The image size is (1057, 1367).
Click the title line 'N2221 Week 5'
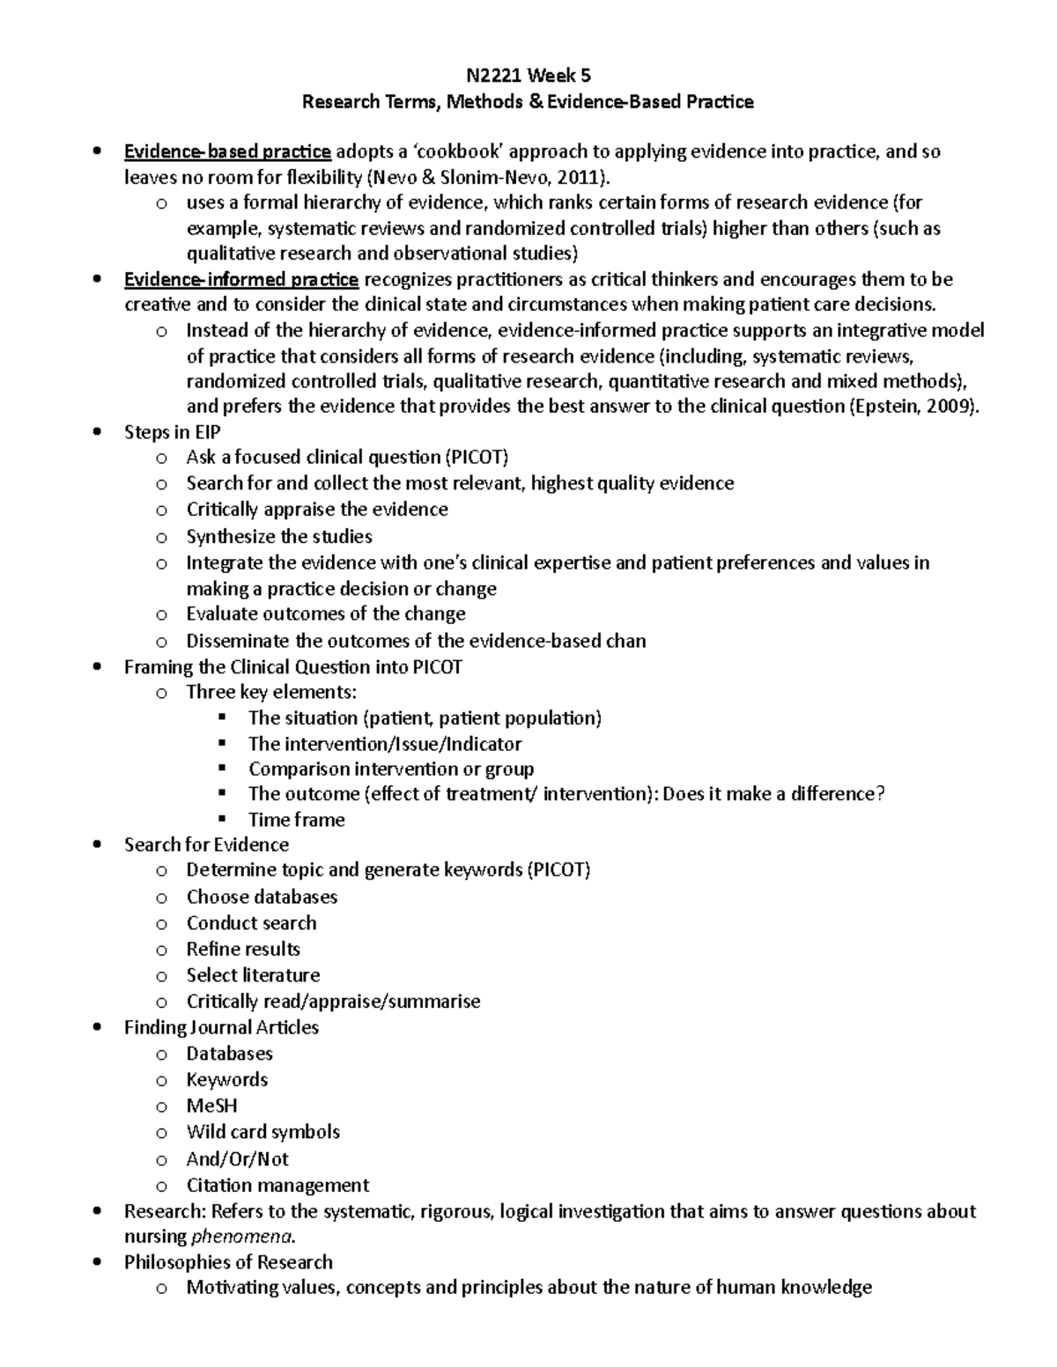click(x=528, y=76)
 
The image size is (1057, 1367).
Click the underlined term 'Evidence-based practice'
click(x=227, y=152)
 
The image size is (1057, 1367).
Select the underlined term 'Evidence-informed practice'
click(x=240, y=280)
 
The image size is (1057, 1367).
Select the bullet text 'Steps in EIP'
click(x=172, y=432)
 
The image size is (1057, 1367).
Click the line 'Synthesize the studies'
click(x=279, y=536)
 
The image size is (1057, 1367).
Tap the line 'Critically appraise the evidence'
click(x=317, y=510)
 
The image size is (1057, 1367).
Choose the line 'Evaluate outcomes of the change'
click(x=326, y=614)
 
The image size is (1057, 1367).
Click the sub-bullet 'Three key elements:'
click(x=271, y=692)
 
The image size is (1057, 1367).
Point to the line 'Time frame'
click(x=296, y=819)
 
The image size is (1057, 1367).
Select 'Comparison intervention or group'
click(x=391, y=768)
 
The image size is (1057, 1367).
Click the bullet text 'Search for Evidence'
click(x=206, y=845)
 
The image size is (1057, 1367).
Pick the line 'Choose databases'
click(x=262, y=897)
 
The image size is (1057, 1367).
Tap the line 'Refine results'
click(x=243, y=949)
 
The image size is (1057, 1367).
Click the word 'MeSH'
click(x=211, y=1106)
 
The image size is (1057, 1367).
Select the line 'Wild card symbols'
click(x=262, y=1132)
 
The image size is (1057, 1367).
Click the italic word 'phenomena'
click(x=242, y=1237)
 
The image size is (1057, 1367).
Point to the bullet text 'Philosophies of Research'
click(x=228, y=1262)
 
